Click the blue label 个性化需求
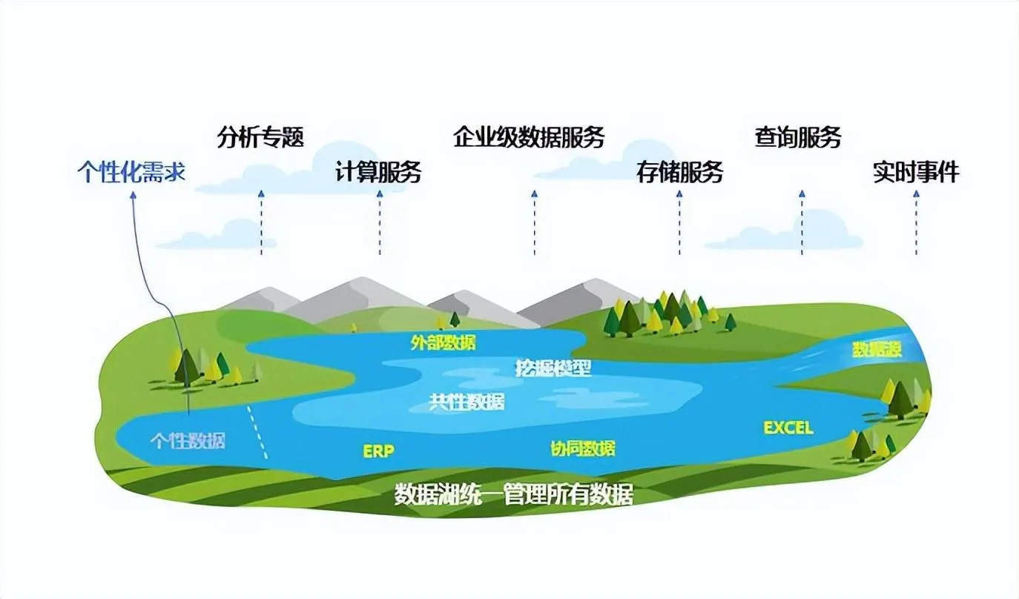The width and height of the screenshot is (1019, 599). (131, 173)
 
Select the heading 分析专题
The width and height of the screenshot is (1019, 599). (260, 138)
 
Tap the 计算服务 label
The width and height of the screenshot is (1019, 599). (378, 172)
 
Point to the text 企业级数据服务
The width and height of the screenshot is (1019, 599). (529, 138)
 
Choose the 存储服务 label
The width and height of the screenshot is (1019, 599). (679, 172)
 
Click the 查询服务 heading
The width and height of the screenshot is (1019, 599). (798, 138)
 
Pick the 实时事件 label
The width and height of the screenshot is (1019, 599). (916, 172)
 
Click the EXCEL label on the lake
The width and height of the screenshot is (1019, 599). (788, 428)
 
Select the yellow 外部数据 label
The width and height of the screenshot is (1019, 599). (443, 342)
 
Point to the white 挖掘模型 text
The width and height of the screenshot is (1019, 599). (553, 368)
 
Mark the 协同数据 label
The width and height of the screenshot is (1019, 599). (582, 449)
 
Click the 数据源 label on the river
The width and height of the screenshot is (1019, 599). (877, 350)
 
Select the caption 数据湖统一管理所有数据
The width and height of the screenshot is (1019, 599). (514, 494)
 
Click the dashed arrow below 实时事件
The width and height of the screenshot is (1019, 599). (916, 222)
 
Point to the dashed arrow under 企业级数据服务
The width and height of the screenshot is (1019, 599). (534, 222)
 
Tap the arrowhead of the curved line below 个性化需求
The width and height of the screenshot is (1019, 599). (133, 195)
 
